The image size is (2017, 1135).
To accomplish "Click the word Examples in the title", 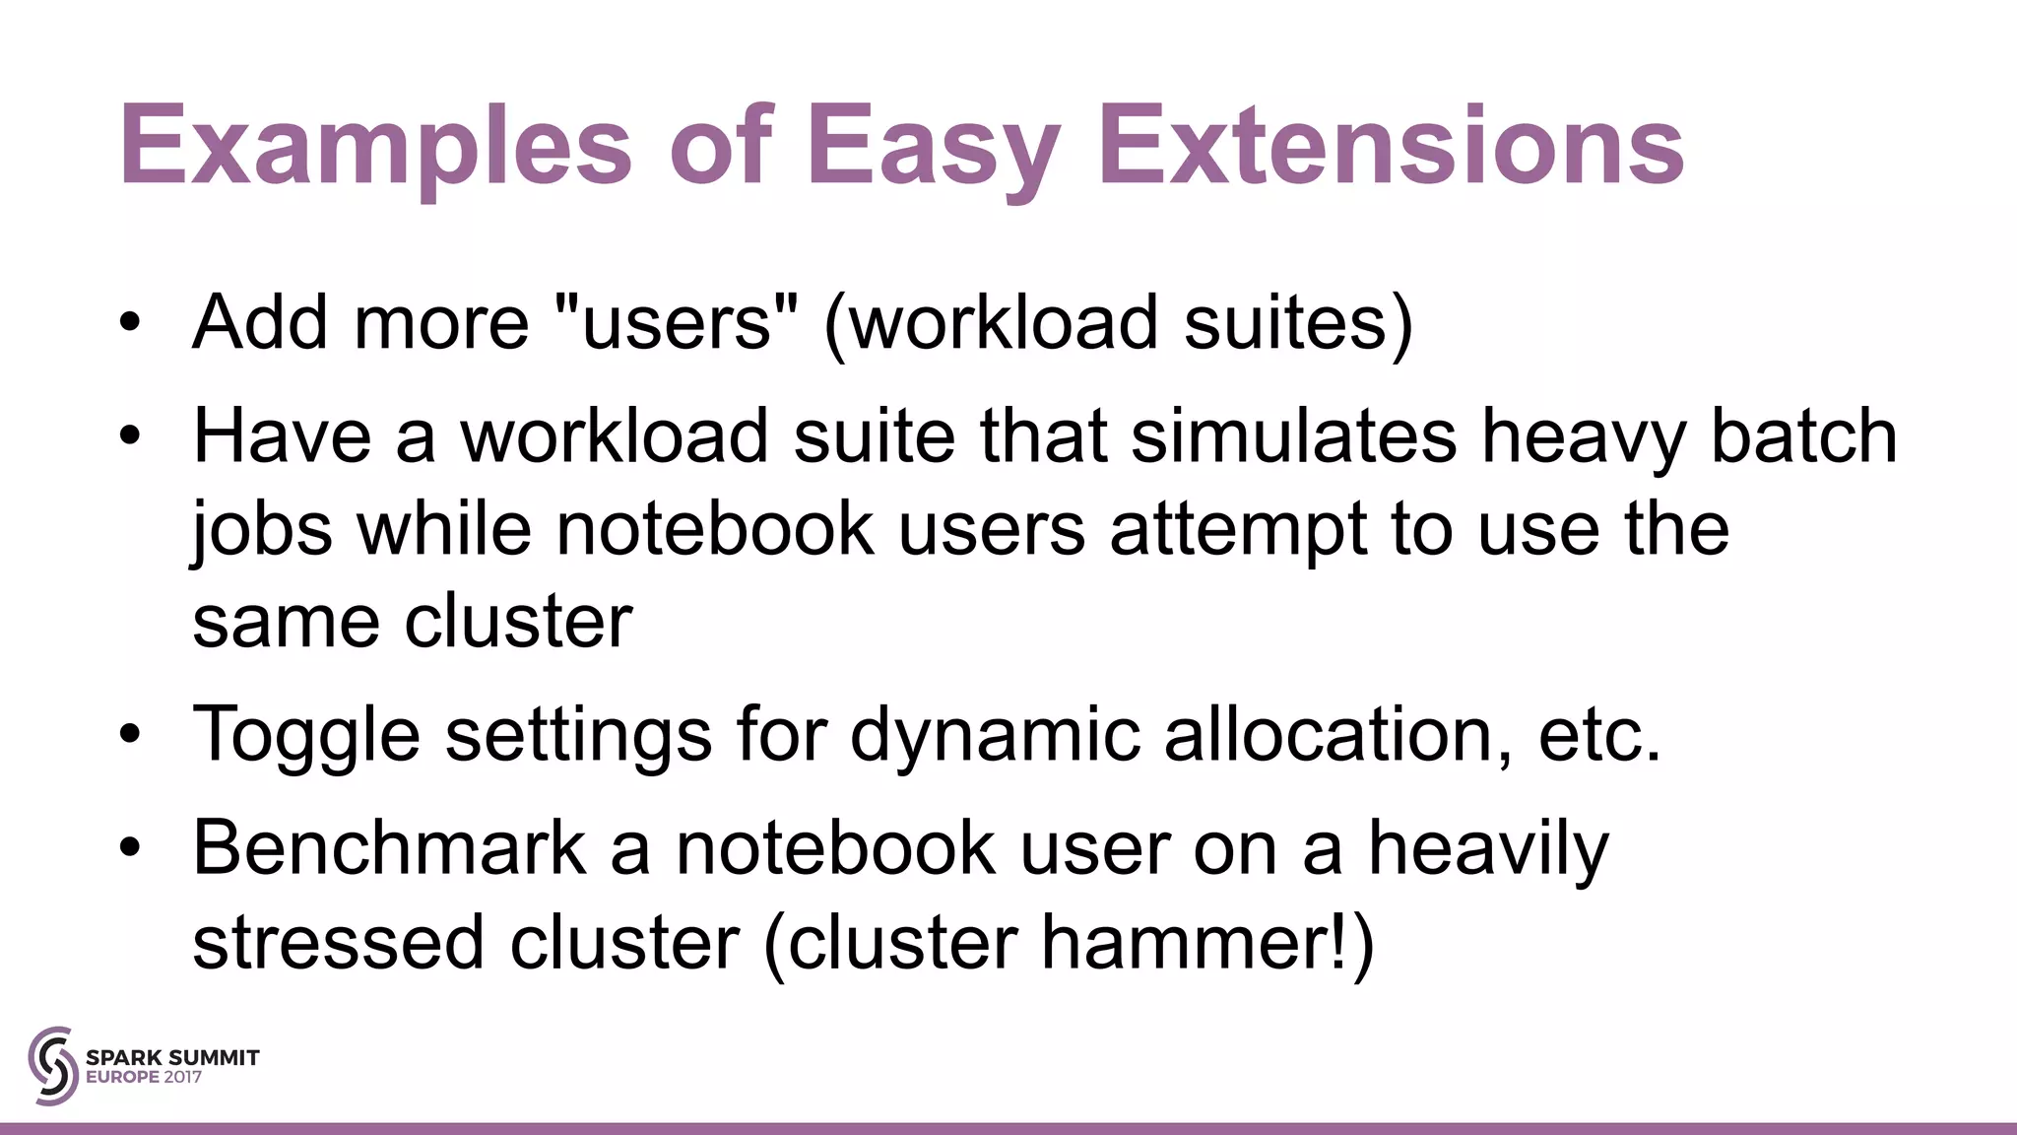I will pyautogui.click(x=375, y=148).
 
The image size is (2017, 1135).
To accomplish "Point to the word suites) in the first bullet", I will pyautogui.click(x=1299, y=323).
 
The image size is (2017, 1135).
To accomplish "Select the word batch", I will pyautogui.click(x=1803, y=436).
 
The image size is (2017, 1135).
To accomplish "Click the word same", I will pyautogui.click(x=287, y=623).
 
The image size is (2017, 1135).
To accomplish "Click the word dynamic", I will pyautogui.click(x=995, y=735).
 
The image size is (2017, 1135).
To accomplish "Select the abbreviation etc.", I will pyautogui.click(x=1599, y=735).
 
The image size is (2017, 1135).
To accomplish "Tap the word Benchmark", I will pyautogui.click(x=390, y=848).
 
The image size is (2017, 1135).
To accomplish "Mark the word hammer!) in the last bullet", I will pyautogui.click(x=1207, y=942).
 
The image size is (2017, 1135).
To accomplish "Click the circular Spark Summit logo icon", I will pyautogui.click(x=52, y=1065).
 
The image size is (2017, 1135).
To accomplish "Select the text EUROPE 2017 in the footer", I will pyautogui.click(x=144, y=1077).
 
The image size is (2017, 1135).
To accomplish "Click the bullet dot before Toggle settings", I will pyautogui.click(x=130, y=735).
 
